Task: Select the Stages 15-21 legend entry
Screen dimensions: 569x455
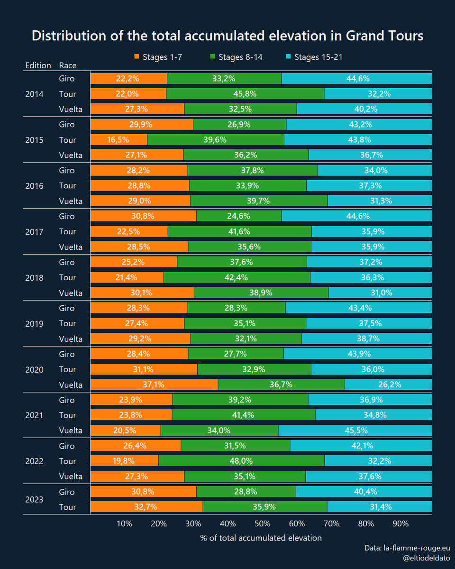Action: pos(314,57)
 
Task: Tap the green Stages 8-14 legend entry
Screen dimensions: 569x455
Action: pos(236,57)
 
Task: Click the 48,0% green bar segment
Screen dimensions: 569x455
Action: pos(241,461)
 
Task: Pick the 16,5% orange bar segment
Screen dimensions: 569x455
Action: pos(118,140)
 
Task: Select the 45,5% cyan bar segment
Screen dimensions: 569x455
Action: pos(355,431)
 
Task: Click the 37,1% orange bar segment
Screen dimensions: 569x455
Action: pos(154,385)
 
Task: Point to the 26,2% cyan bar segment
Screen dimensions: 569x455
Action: pos(388,385)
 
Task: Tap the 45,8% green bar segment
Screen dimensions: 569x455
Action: pos(245,94)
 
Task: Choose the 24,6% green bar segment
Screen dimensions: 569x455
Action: pos(239,216)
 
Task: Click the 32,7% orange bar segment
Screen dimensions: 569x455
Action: pos(146,507)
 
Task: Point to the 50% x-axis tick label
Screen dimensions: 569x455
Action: pos(262,524)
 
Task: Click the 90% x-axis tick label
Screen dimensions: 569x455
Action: pos(400,524)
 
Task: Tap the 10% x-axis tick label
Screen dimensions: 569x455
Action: pos(124,524)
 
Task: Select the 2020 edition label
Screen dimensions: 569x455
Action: pos(34,369)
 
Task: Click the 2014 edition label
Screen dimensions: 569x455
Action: pos(34,94)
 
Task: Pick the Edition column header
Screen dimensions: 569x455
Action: pos(37,65)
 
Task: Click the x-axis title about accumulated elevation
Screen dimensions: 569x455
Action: pos(261,538)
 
